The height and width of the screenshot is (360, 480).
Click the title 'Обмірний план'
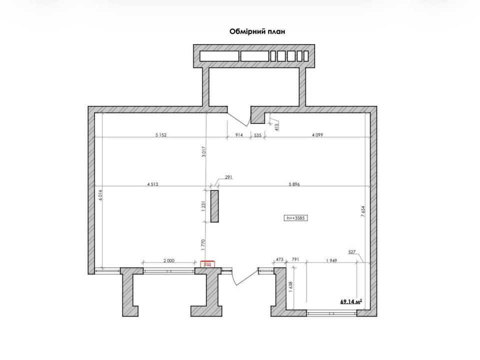coord(257,31)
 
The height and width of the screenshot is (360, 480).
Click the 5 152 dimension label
coord(161,134)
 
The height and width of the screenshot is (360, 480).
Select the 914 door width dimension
coord(239,134)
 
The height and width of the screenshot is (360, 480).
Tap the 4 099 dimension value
coord(317,134)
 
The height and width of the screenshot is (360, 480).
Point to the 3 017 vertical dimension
coord(204,152)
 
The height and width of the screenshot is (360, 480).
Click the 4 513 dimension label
coord(152,184)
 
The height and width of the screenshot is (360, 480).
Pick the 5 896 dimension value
coord(294,184)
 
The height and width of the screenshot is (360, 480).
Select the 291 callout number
coord(228,177)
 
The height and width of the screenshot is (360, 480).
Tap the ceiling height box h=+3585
coord(295,218)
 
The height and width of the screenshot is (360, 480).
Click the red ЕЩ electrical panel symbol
coord(207,264)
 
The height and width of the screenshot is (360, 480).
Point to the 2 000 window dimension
coord(168,260)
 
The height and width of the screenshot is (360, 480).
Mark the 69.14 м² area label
coord(351,302)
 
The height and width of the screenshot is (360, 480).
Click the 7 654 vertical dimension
coord(363,211)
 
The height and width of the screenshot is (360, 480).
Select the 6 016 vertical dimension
coord(100,195)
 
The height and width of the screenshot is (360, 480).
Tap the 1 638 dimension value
coord(290,287)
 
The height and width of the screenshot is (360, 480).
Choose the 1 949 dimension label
coord(331,260)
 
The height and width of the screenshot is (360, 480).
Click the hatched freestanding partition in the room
coord(214,206)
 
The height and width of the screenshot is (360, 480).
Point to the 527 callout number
coord(352,252)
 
